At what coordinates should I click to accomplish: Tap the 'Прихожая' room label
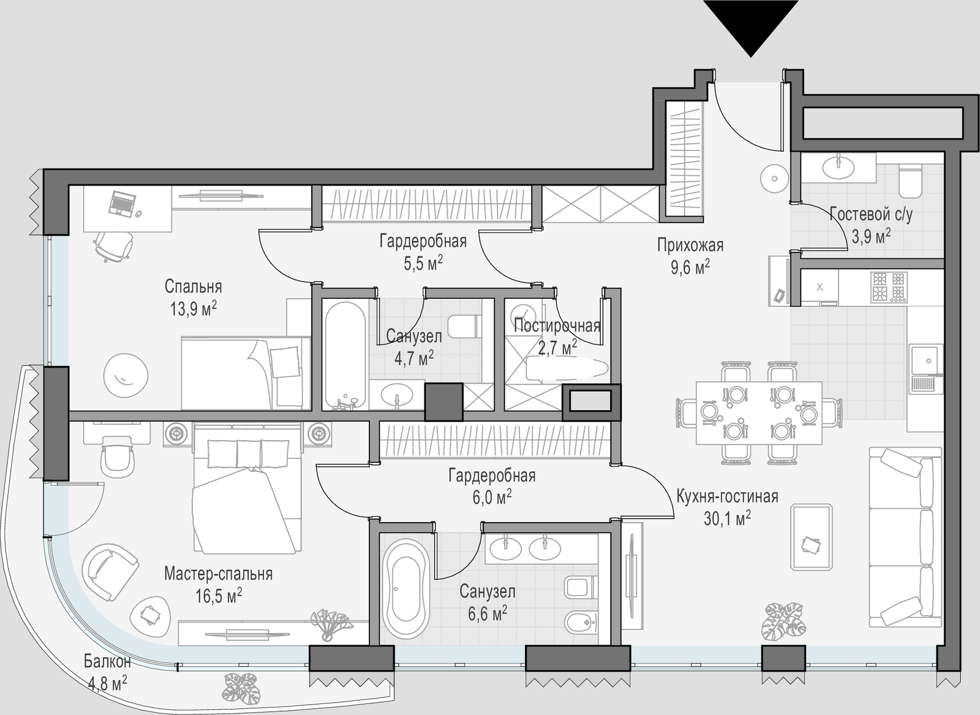click(690, 245)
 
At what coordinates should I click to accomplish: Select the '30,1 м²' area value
click(727, 518)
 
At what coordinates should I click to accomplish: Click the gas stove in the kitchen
click(889, 287)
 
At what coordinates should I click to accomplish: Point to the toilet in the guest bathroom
click(910, 181)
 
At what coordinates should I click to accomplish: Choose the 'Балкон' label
click(107, 662)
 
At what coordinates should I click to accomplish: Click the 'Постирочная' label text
click(557, 326)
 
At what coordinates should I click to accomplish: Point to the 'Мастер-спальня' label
click(218, 574)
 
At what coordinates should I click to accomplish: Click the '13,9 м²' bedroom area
click(194, 309)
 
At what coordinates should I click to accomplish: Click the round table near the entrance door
click(774, 178)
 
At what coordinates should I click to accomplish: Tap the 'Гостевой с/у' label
click(871, 214)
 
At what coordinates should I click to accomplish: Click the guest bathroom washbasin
click(839, 168)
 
